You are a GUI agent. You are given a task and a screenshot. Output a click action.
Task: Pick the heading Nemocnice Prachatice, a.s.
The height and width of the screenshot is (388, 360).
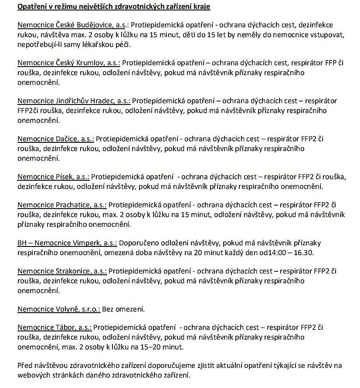pos(61,205)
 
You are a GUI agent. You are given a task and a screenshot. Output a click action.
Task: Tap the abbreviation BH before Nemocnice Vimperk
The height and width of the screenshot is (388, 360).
pos(22,243)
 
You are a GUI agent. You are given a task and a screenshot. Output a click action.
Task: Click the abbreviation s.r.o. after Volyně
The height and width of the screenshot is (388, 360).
pos(90,309)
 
